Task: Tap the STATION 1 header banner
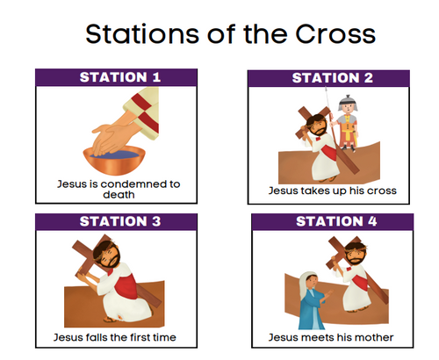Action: pyautogui.click(x=120, y=76)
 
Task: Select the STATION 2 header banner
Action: pyautogui.click(x=332, y=77)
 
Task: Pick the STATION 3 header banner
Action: pyautogui.click(x=120, y=221)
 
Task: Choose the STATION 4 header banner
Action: pyautogui.click(x=332, y=221)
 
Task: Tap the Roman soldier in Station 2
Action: pyautogui.click(x=348, y=123)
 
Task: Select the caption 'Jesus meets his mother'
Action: pyautogui.click(x=332, y=336)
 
